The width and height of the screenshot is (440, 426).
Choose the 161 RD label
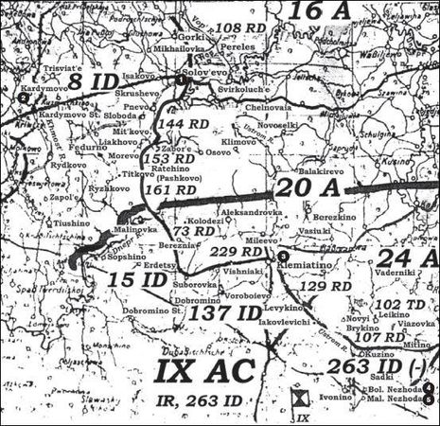(172, 189)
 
